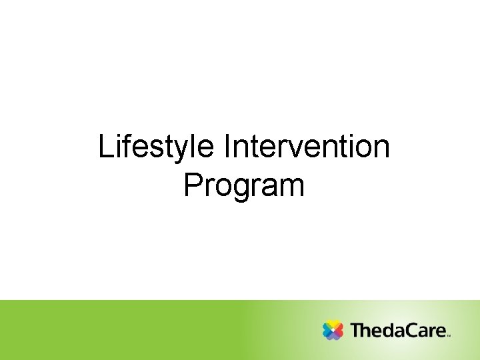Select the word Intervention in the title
[x=307, y=147]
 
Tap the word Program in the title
[x=244, y=185]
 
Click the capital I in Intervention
[x=229, y=147]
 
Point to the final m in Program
[x=293, y=187]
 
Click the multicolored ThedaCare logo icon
[x=333, y=330]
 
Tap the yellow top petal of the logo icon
[x=333, y=324]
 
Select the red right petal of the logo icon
[x=339, y=330]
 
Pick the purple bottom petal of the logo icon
[x=333, y=336]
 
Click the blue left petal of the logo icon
[x=327, y=330]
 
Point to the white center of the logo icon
[x=333, y=330]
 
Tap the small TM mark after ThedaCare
[x=449, y=336]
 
